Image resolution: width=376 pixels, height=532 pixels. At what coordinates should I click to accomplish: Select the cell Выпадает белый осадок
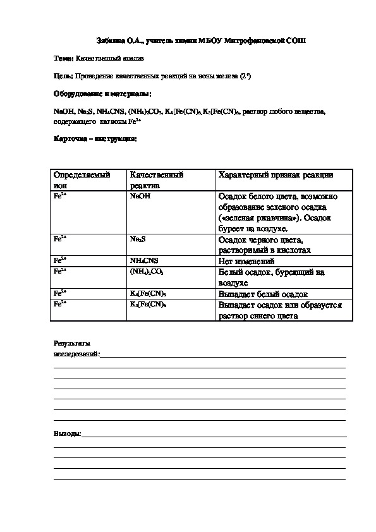coord(262,294)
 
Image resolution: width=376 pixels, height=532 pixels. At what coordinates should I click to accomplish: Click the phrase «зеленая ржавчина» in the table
coord(250,218)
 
